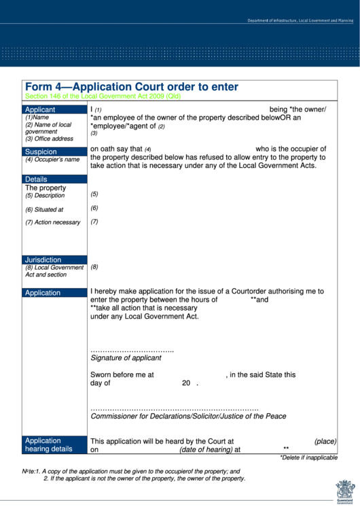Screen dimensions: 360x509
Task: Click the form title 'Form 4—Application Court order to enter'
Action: [x=132, y=87]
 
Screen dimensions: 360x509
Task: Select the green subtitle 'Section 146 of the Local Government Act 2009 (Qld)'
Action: [x=103, y=96]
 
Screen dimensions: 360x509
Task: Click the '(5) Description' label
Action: [x=45, y=196]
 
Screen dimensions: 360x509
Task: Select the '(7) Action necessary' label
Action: [x=53, y=222]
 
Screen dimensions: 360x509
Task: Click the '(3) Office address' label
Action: [x=49, y=139]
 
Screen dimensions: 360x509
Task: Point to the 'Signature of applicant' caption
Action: [x=126, y=357]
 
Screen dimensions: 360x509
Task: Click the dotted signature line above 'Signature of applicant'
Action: [x=132, y=350]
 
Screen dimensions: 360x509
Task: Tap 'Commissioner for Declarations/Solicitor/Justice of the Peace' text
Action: [x=188, y=416]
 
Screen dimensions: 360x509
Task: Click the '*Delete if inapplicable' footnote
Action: [x=308, y=457]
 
